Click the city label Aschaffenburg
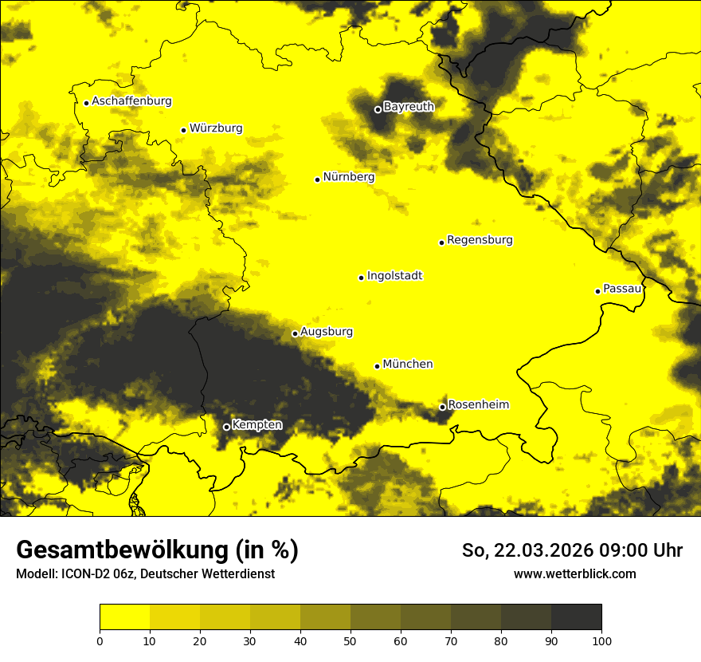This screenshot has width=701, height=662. point(131,101)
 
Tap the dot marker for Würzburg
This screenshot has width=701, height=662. point(183,130)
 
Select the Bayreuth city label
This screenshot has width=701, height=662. point(409,107)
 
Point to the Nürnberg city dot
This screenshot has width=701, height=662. point(317,179)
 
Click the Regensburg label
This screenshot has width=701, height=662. point(480,240)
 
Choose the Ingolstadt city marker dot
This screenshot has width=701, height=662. point(361,278)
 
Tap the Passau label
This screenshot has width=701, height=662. point(622,289)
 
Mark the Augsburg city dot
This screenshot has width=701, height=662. point(295,333)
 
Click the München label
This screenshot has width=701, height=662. point(408,364)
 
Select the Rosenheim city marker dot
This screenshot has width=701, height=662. point(442,407)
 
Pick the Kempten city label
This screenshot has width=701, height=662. point(257,425)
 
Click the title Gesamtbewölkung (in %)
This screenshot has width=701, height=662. point(157,550)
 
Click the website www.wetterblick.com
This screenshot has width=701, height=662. point(574,573)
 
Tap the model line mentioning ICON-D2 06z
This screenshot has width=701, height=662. point(145,574)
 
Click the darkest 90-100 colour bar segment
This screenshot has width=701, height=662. point(576,617)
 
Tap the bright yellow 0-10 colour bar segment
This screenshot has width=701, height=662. point(124,617)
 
